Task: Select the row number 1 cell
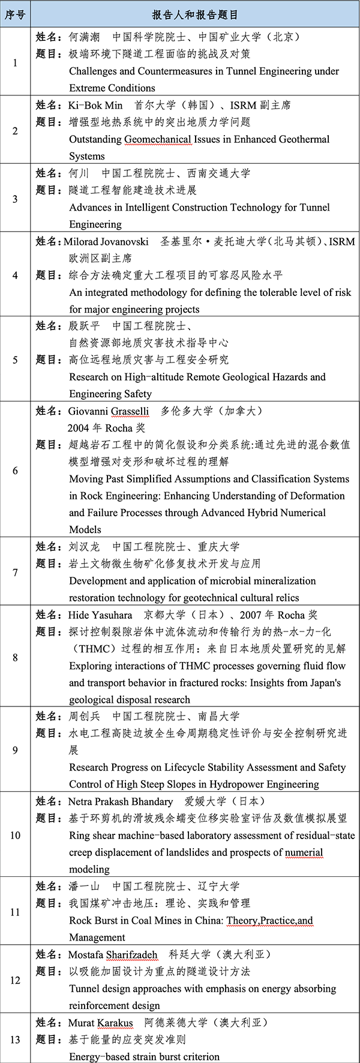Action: click(15, 62)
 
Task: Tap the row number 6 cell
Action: click(15, 470)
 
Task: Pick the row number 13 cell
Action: click(15, 1039)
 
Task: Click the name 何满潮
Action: click(85, 37)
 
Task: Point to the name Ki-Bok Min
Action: click(95, 105)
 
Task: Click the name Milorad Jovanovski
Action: click(106, 241)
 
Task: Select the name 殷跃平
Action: click(85, 326)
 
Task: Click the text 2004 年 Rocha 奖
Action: click(106, 428)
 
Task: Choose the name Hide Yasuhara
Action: click(100, 615)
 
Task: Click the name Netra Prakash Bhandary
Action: click(120, 801)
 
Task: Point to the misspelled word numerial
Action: click(304, 852)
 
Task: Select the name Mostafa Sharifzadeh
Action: click(113, 954)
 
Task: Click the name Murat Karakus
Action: click(100, 1022)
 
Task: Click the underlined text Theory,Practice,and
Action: click(269, 920)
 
